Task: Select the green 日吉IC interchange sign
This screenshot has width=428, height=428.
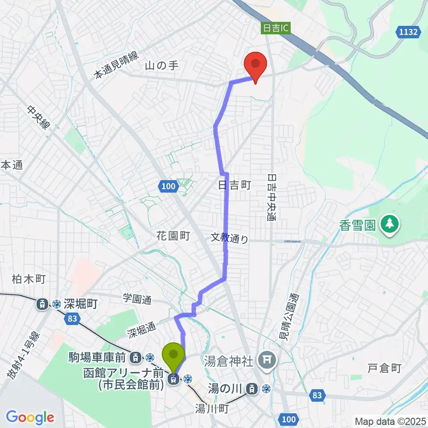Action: [x=276, y=29]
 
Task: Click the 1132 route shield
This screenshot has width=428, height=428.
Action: [x=407, y=32]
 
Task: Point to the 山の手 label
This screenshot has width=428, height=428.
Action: [x=161, y=66]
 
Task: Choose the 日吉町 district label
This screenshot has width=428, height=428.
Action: [x=235, y=185]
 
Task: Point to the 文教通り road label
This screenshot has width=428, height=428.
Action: [x=230, y=239]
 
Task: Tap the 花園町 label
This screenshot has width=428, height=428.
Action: [x=173, y=236]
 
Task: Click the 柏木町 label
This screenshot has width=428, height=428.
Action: [x=29, y=280]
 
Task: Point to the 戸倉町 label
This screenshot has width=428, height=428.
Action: [x=385, y=368]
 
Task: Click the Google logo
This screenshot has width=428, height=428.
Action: [x=30, y=418]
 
